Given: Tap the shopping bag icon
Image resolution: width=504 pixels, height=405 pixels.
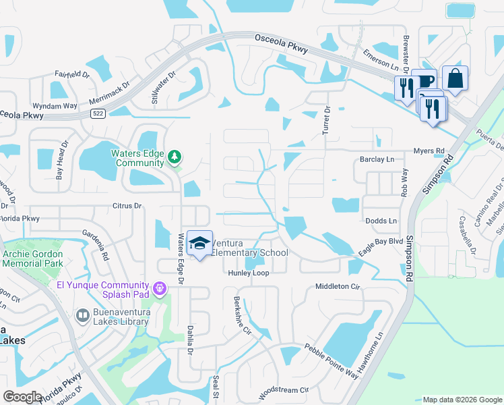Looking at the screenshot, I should pos(455,78).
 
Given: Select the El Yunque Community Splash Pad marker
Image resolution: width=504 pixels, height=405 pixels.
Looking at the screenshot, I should pos(160,289).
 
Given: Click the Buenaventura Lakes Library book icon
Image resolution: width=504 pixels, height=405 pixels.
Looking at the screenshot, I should pos(82,315).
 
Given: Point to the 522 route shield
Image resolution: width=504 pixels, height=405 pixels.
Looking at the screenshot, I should pos(98,114).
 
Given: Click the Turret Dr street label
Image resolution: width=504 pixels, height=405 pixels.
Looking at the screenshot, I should pos(326,120).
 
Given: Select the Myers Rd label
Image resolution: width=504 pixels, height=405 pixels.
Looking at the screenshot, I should pos(429,151).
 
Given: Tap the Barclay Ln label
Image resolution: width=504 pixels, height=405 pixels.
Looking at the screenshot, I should pos(377,159).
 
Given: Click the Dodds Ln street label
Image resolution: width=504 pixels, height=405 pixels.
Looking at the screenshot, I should pos(381,221).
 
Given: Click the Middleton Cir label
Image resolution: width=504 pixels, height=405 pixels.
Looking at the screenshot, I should pos(338,287).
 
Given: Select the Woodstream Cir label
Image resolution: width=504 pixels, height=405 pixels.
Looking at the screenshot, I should pos(283,390).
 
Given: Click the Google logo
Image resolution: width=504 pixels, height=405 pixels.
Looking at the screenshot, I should pos(22,396).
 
